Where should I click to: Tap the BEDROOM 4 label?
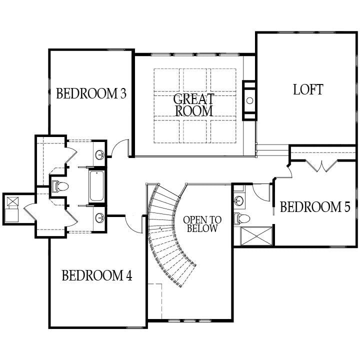[x=96, y=275]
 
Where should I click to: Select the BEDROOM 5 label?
[x=314, y=207]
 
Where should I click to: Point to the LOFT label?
[x=294, y=89]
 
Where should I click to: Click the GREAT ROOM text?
[x=193, y=104]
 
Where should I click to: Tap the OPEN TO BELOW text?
[x=202, y=224]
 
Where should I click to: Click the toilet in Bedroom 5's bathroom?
[x=242, y=218]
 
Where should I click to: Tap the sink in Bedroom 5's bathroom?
[x=239, y=200]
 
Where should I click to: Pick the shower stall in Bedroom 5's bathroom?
[x=257, y=235]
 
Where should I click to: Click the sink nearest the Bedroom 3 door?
[x=100, y=153]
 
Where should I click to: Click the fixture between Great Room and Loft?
[x=249, y=100]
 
